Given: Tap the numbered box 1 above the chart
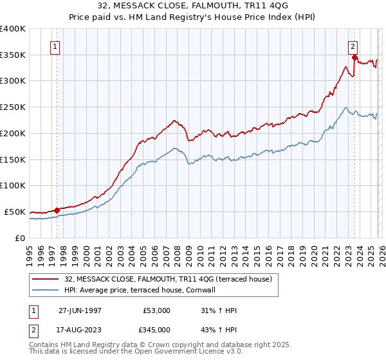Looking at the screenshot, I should pyautogui.click(x=55, y=47).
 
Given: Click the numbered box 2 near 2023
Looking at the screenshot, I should pyautogui.click(x=353, y=46).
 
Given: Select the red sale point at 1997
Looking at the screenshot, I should pyautogui.click(x=57, y=210).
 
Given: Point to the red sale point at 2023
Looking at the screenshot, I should pyautogui.click(x=354, y=58).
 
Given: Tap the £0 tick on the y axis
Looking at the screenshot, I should pyautogui.click(x=21, y=238).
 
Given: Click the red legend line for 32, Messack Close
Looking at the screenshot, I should pyautogui.click(x=46, y=279).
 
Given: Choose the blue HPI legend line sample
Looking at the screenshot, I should pyautogui.click(x=46, y=290).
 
